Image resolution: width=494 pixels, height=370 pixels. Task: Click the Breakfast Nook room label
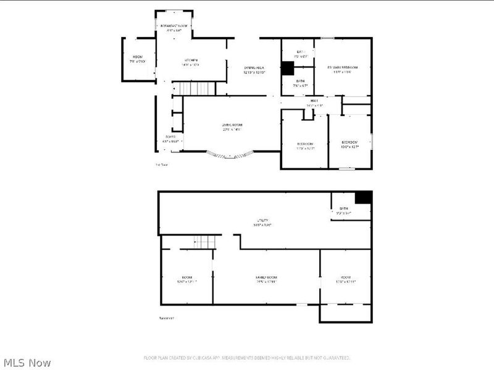tap(174, 27)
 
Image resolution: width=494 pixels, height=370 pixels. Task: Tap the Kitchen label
tap(190, 60)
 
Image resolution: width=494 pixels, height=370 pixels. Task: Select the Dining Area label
tap(254, 69)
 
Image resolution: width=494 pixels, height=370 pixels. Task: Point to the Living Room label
tap(232, 127)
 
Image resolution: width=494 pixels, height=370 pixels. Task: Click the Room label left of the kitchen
tap(136, 59)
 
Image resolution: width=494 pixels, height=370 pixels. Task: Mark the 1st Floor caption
tap(161, 165)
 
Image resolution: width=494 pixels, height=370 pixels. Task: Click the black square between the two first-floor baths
tap(288, 68)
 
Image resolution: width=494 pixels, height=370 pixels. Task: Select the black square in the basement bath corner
tap(363, 197)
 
